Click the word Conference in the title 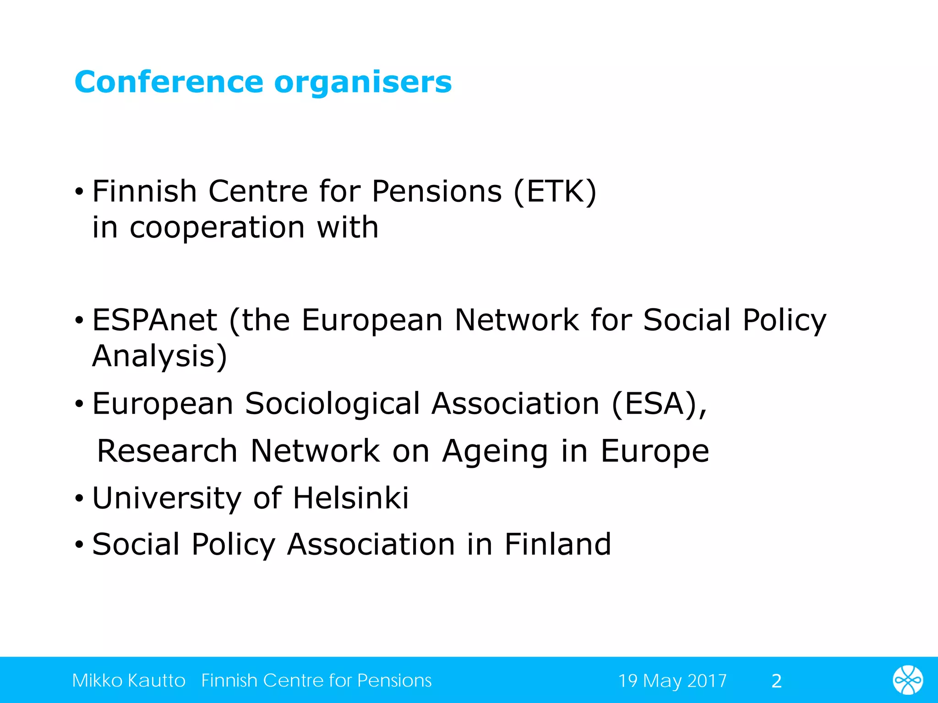click(x=169, y=82)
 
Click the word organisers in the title click(x=363, y=82)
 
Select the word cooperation click(x=217, y=228)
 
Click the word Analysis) click(x=159, y=357)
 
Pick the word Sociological click(x=332, y=404)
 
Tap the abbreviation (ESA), click(x=660, y=404)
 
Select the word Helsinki click(x=351, y=498)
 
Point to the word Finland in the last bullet click(x=558, y=545)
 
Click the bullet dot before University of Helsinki click(x=80, y=499)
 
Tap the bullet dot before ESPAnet click(x=80, y=320)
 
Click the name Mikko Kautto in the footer click(x=129, y=681)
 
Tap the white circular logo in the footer click(x=908, y=680)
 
